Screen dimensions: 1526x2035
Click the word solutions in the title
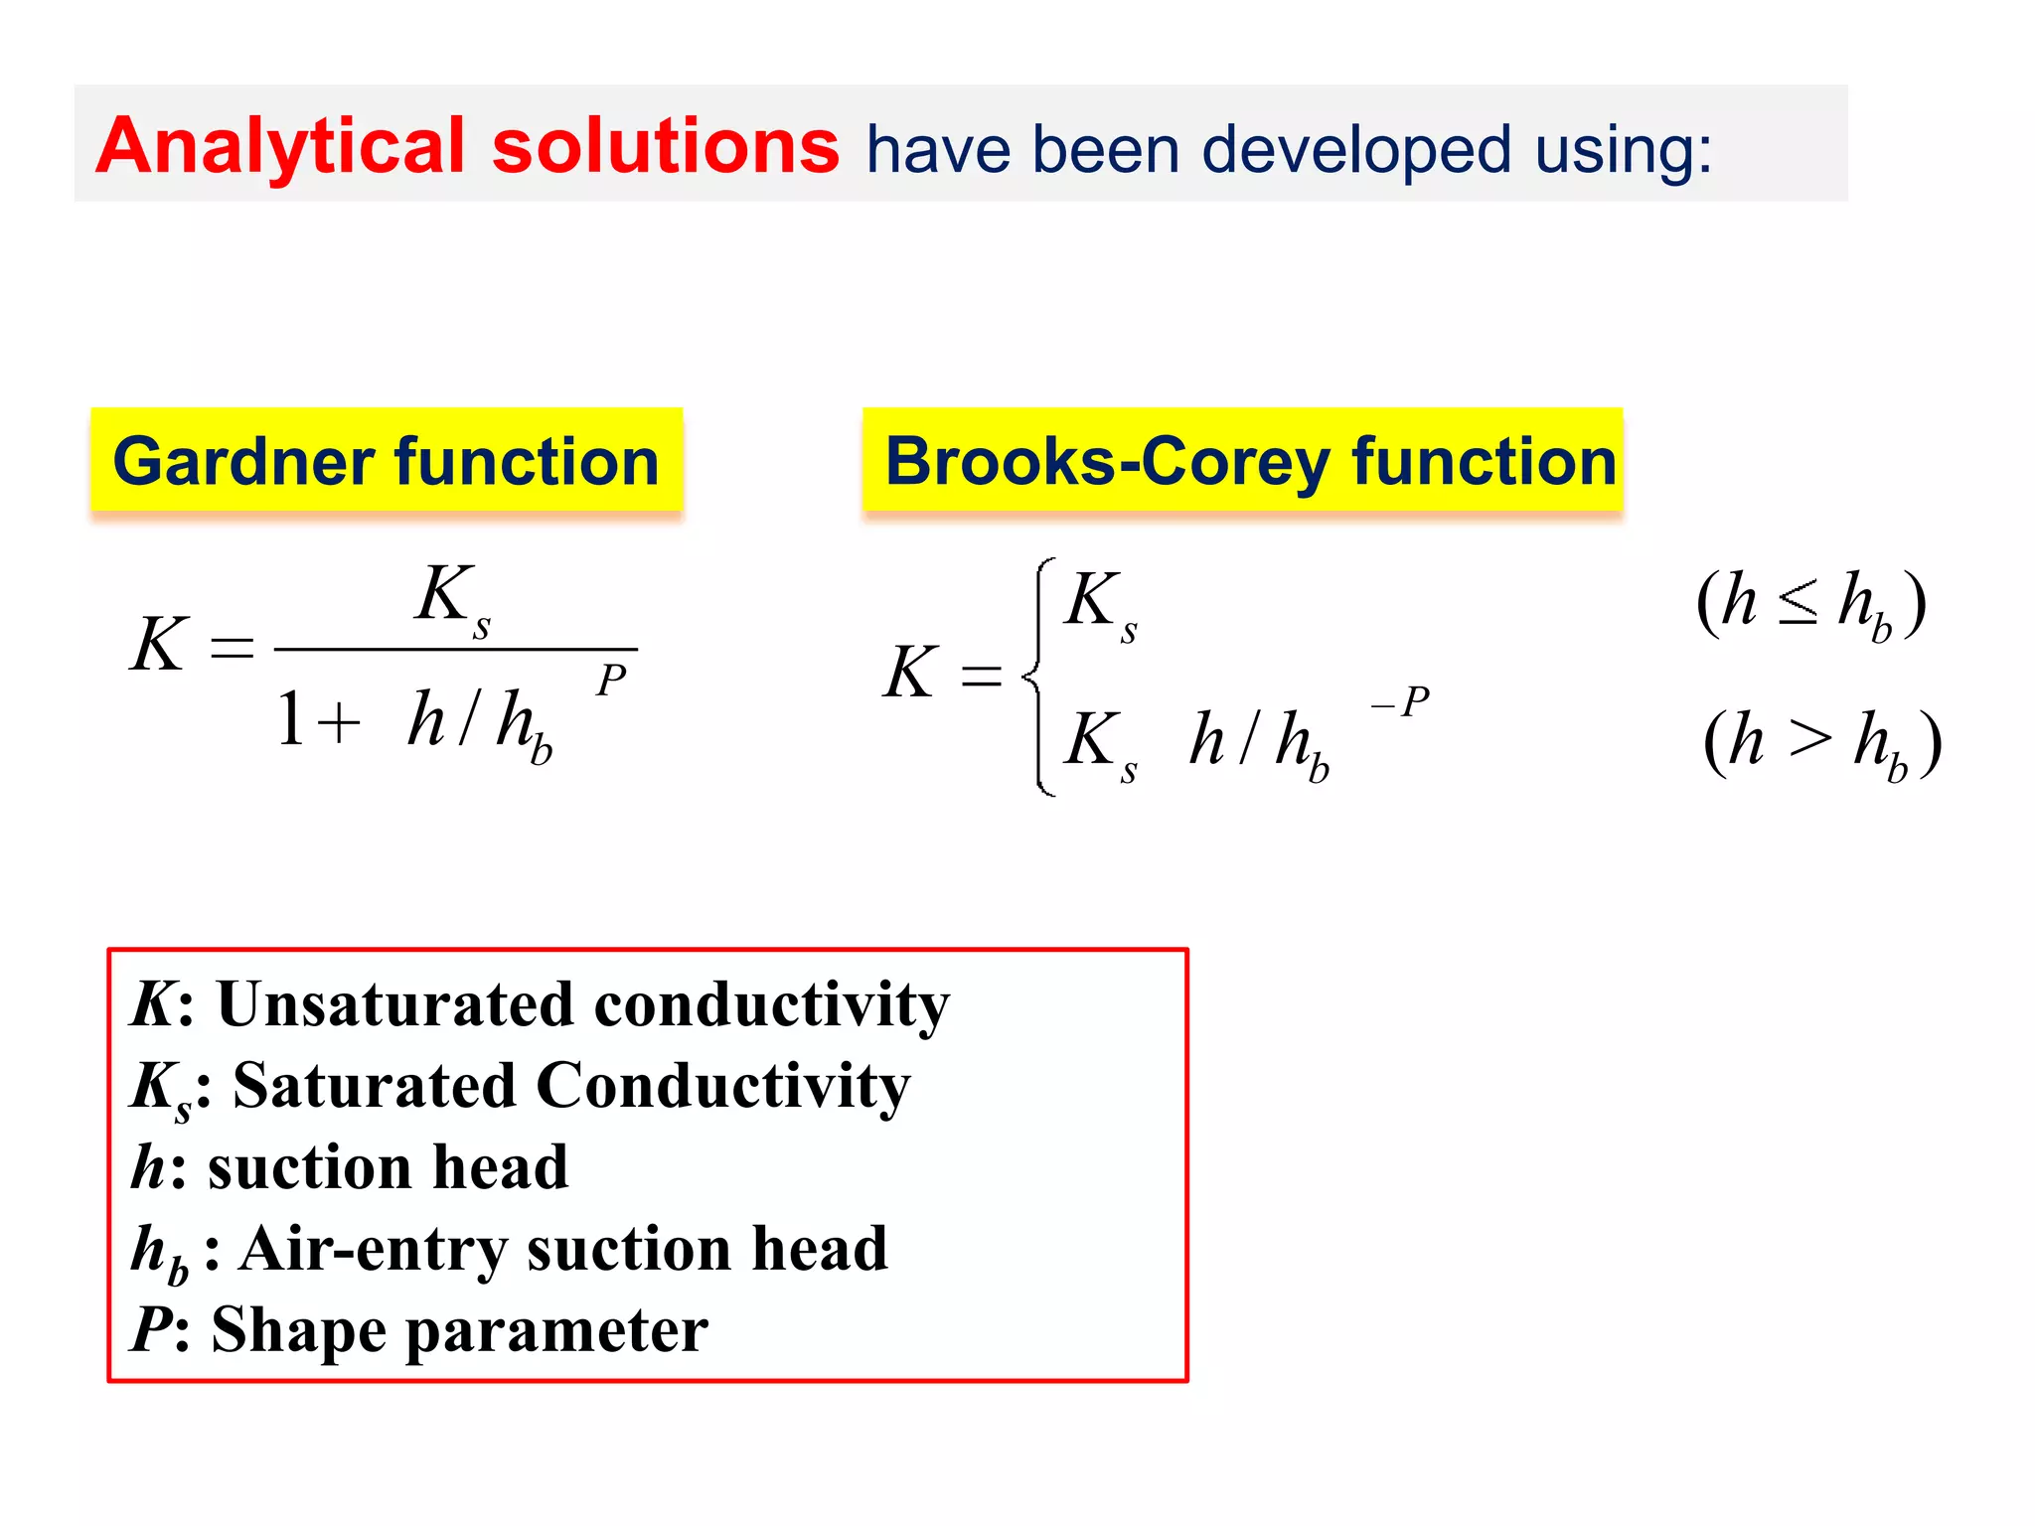(665, 147)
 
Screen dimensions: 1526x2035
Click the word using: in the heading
(1624, 151)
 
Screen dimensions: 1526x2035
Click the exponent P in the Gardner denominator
(611, 681)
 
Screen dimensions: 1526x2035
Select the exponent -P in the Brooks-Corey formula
(1400, 702)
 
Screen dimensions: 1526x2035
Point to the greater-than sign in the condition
(1809, 740)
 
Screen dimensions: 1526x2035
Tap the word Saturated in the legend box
(374, 1086)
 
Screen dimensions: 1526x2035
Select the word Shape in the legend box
(299, 1331)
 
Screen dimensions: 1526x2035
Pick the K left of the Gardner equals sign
(159, 646)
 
